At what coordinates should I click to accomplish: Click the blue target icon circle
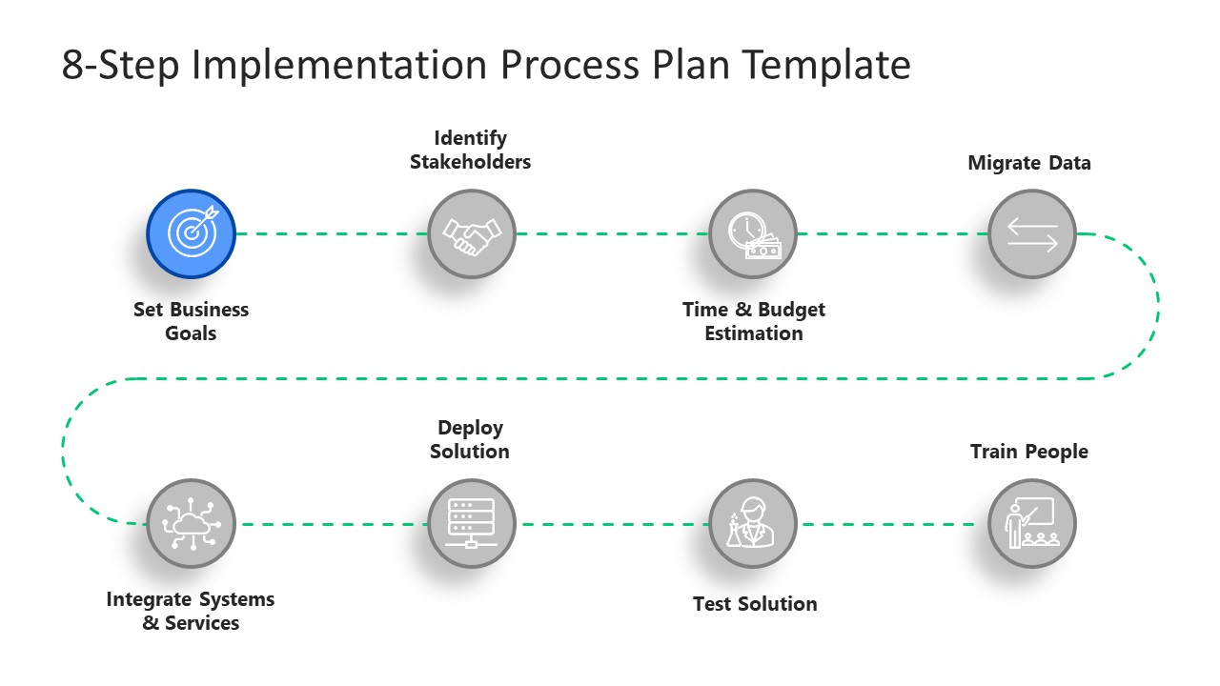191,233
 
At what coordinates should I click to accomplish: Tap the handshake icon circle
472,233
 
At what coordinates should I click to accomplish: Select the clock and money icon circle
753,233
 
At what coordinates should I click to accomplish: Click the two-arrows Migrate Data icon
1032,233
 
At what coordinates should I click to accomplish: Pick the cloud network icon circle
191,524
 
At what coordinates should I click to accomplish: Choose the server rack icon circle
472,524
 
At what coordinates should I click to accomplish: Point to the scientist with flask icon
753,524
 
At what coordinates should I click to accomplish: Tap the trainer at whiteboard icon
1032,524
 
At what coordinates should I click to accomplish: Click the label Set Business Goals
191,321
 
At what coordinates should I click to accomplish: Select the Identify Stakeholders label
470,150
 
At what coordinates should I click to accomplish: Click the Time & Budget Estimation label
753,321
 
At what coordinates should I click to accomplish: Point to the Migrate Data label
1029,163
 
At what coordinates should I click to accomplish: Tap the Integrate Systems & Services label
191,611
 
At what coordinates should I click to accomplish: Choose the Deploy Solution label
470,439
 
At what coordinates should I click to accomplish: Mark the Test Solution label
755,604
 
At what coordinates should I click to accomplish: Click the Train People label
1029,452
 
